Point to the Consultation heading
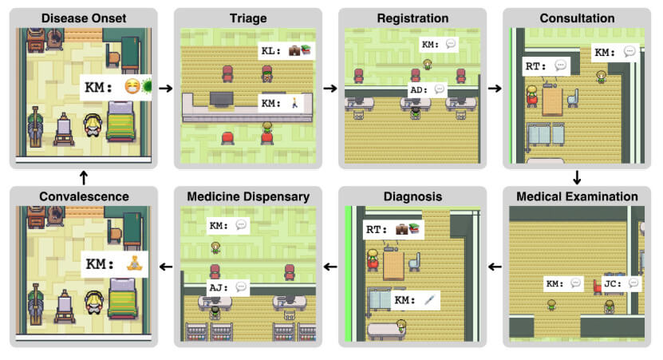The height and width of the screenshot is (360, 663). point(576,18)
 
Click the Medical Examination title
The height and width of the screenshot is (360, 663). point(577,196)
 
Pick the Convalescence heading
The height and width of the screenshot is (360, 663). point(84,196)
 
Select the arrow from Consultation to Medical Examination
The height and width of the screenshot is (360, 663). point(577,176)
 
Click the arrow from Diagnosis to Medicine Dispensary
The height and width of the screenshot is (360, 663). point(330,266)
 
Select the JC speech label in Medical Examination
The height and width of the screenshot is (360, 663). point(622,283)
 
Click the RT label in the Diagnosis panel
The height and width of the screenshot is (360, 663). point(393,229)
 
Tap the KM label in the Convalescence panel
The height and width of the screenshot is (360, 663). point(112,263)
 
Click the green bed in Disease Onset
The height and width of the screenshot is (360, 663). point(123,128)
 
